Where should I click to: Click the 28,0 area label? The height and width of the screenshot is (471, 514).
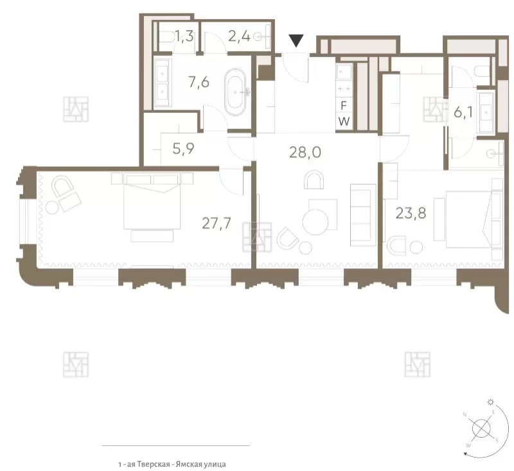pos(305,153)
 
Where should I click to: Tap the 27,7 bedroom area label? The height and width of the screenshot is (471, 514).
pos(217,223)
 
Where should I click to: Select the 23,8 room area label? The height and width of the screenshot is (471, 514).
pos(411,213)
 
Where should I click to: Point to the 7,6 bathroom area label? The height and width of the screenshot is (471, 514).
pos(199,82)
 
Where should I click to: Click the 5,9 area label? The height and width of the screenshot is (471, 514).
pos(183,149)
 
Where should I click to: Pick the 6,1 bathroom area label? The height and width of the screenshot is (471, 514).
pos(463,112)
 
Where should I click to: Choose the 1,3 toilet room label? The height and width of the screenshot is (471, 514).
pos(184,37)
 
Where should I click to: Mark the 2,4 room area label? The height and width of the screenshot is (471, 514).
pos(239,37)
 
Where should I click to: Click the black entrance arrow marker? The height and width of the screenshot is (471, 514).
pos(296,40)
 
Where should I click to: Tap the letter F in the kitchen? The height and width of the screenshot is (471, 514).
pos(344,106)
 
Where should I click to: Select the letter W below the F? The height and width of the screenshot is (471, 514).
pos(344,122)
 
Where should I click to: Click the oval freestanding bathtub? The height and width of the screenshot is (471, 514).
pos(235,92)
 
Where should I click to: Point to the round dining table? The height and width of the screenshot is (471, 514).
pos(315,222)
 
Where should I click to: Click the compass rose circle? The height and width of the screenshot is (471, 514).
pos(481,428)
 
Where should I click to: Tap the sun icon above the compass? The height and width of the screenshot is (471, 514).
pos(490,401)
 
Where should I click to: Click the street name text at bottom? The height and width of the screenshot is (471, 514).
pos(172,464)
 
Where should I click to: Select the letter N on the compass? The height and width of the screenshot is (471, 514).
pos(465,415)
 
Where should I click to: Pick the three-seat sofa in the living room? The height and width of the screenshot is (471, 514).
pos(363,215)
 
